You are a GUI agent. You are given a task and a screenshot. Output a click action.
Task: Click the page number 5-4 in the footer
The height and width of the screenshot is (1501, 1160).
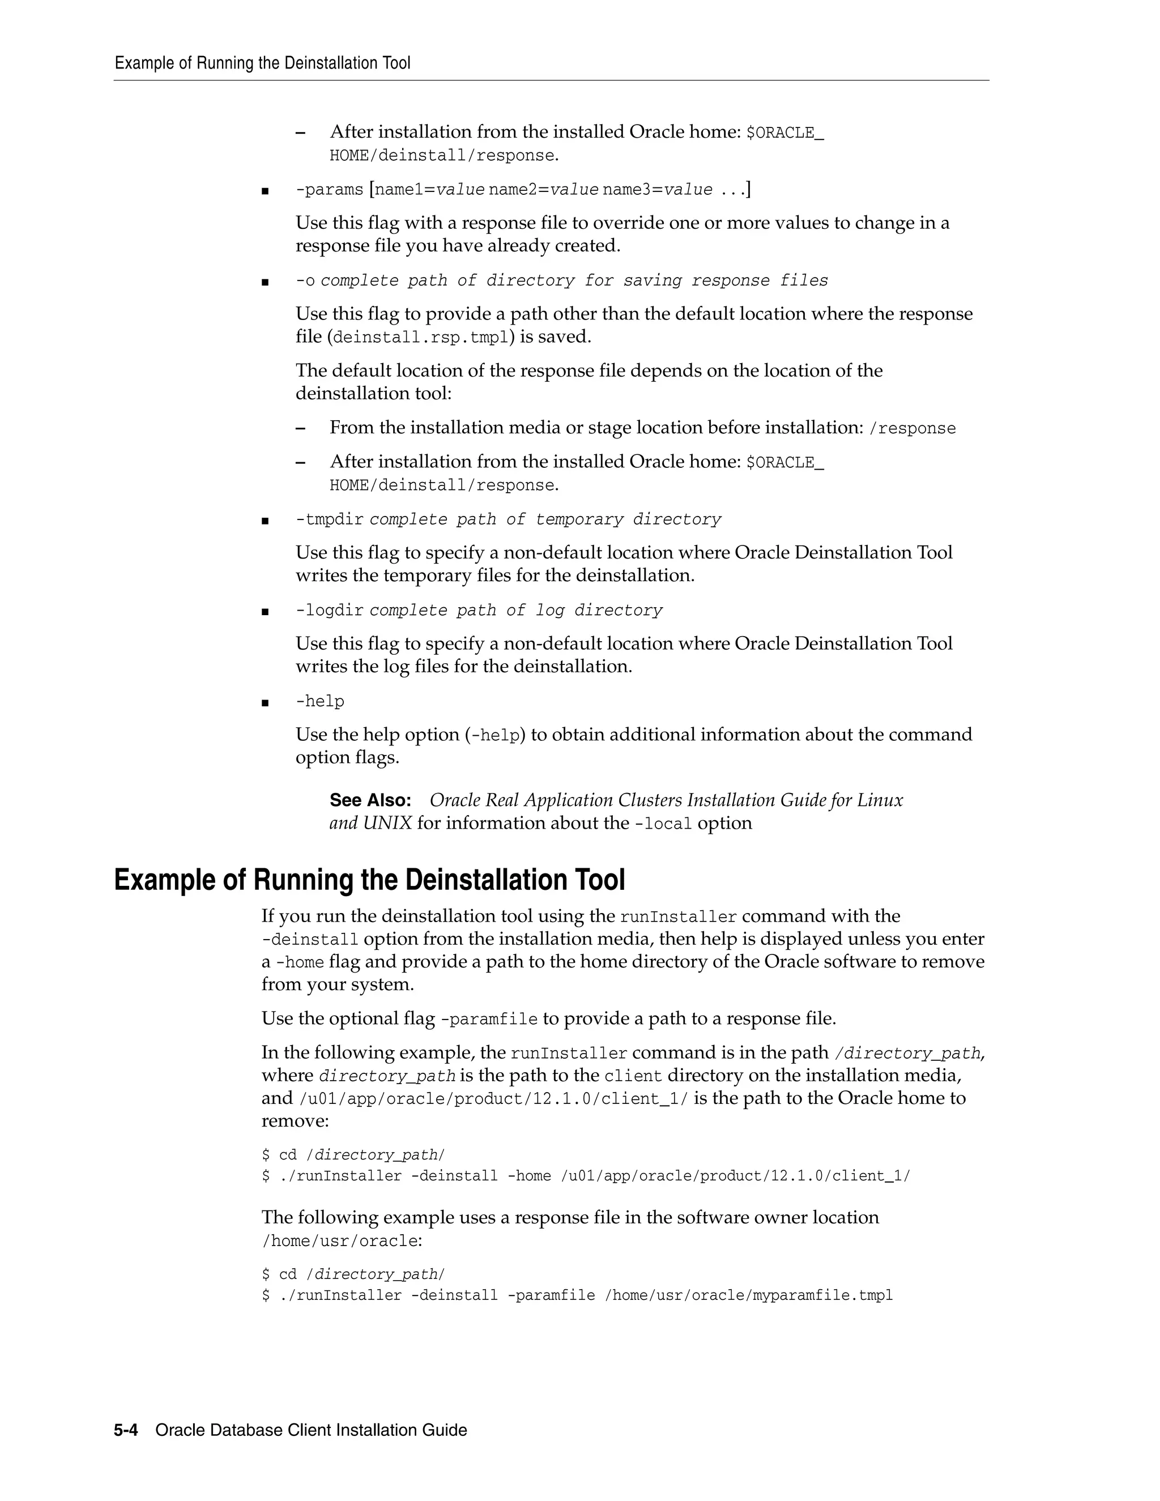[x=126, y=1430]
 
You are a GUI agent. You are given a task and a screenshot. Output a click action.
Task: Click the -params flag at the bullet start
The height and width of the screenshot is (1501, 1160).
[x=329, y=190]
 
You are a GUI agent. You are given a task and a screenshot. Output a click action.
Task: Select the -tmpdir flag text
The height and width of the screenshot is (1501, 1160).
[x=329, y=519]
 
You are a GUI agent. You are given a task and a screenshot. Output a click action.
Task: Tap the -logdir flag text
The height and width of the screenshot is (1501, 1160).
[x=329, y=610]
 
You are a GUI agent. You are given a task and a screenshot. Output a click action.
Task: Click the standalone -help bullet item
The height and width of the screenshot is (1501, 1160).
[x=319, y=701]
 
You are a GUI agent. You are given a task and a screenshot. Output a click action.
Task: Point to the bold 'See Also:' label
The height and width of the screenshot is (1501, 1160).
[x=370, y=801]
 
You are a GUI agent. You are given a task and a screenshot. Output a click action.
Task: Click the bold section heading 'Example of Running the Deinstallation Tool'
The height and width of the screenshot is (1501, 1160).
[x=369, y=880]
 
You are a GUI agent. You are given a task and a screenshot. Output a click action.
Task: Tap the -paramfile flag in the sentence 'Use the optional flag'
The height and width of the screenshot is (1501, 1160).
[x=489, y=1019]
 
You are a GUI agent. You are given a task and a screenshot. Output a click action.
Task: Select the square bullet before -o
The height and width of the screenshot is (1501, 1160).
[x=265, y=282]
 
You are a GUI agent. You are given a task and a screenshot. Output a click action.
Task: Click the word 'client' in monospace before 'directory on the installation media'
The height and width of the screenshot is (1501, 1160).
[x=632, y=1076]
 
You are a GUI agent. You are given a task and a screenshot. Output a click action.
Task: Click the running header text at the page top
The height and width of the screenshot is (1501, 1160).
[x=262, y=63]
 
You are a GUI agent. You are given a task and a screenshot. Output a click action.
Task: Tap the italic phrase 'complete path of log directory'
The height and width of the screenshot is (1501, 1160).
[x=515, y=610]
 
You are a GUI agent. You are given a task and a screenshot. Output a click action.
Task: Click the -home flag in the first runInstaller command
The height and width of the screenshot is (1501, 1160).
[x=528, y=1176]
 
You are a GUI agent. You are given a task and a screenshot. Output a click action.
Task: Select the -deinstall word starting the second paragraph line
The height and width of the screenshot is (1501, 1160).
[x=310, y=940]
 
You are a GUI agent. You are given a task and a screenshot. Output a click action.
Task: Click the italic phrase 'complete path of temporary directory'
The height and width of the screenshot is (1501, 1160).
[x=545, y=519]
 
